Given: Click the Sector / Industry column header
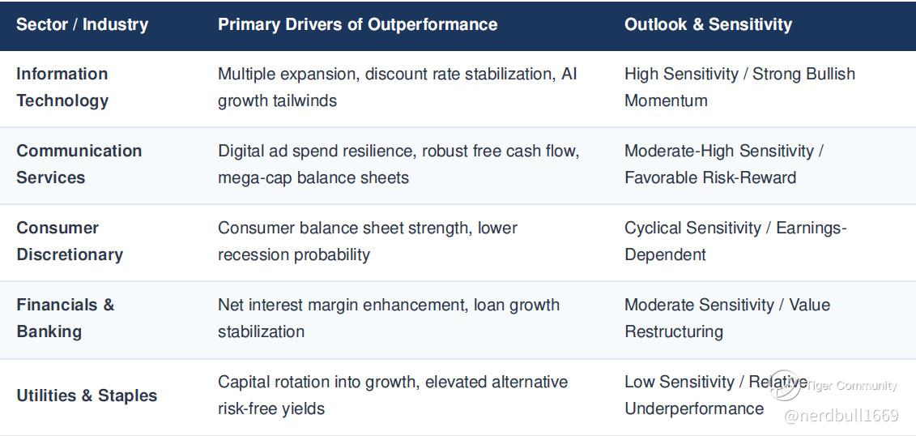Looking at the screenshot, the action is tap(83, 24).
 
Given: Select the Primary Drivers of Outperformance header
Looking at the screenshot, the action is tap(357, 24).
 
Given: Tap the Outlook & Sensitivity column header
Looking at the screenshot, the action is tap(708, 24).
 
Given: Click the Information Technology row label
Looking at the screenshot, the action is tap(62, 87).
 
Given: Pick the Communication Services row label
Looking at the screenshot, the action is tap(79, 165).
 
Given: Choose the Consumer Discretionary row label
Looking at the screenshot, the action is tap(70, 242).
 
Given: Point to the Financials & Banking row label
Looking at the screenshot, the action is tap(66, 318).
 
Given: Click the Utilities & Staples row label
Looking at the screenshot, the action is tap(87, 395).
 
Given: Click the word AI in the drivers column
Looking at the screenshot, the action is tap(569, 75).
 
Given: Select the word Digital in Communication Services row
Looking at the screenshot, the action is tap(241, 151).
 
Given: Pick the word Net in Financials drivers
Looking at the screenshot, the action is tap(230, 305).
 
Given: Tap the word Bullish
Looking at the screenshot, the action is tap(831, 75).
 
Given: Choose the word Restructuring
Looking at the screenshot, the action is tap(674, 332).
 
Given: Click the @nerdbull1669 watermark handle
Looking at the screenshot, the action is tap(841, 416).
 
